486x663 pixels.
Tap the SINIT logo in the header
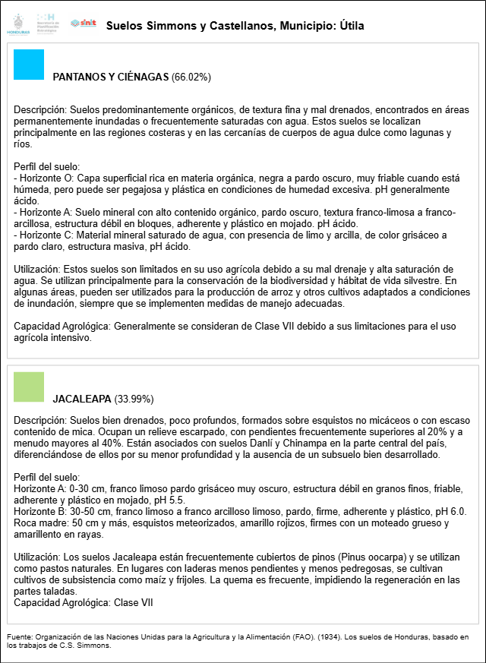pyautogui.click(x=83, y=24)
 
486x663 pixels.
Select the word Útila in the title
pyautogui.click(x=350, y=26)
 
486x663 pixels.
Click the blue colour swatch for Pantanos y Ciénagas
pyautogui.click(x=29, y=65)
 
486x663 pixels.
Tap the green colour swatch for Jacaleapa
pyautogui.click(x=29, y=387)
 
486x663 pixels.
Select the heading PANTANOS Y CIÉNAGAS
pyautogui.click(x=111, y=77)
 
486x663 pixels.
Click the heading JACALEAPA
pyautogui.click(x=82, y=399)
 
